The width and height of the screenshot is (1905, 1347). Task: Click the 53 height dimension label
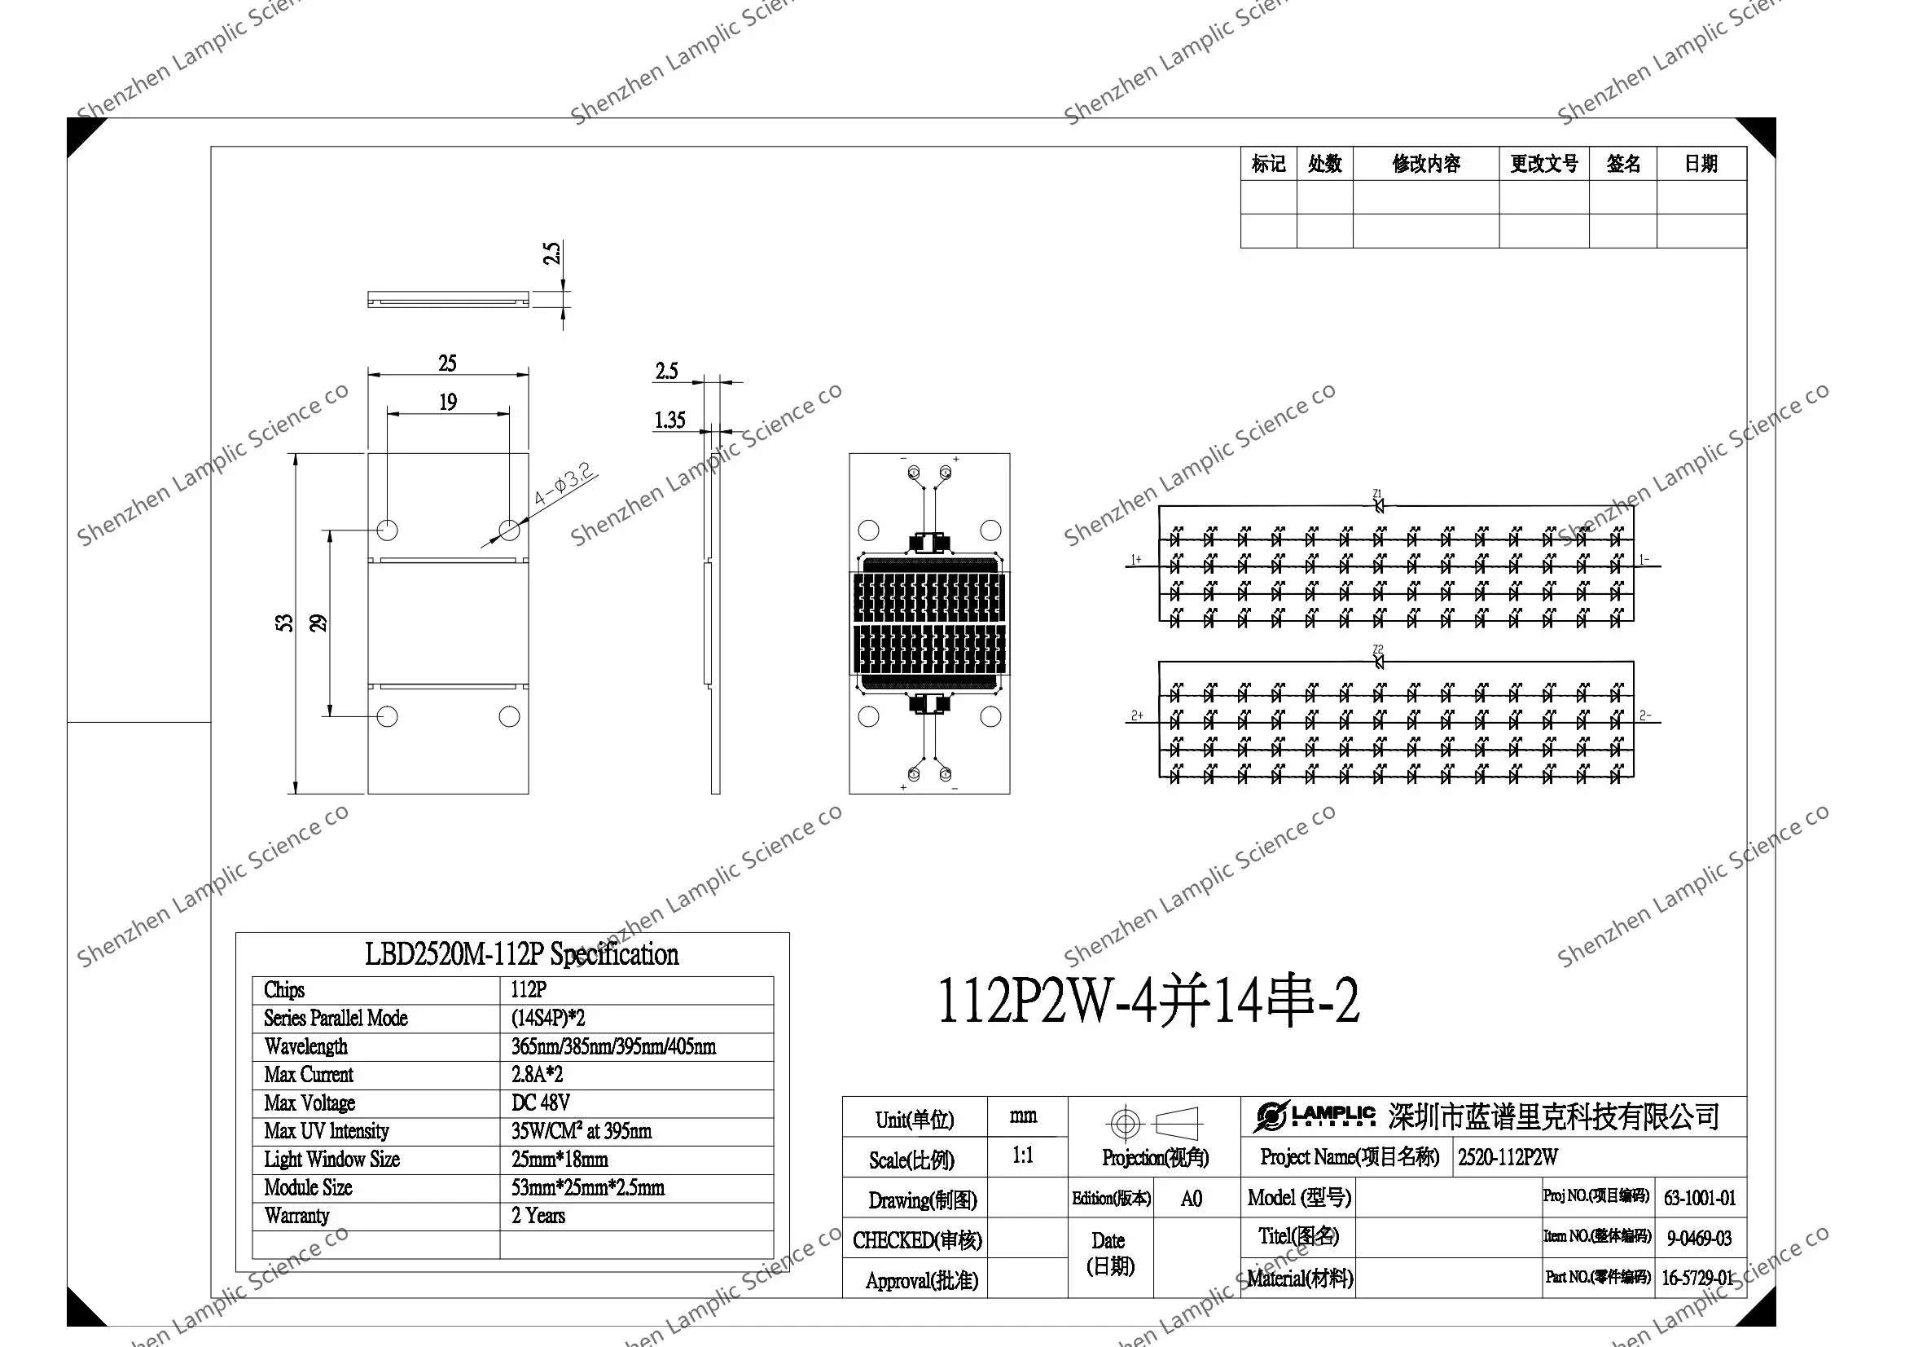(284, 623)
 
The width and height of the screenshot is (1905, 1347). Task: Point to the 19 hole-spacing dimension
(448, 403)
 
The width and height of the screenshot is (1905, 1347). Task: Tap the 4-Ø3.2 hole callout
(564, 486)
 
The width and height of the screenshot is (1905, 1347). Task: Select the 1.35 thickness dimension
(669, 420)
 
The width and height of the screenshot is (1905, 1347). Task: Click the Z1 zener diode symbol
(1378, 504)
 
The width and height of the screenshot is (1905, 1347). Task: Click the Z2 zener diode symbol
(1378, 662)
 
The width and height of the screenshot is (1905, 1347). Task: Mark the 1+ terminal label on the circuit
(1136, 560)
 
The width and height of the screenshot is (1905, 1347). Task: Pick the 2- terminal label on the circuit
(1645, 715)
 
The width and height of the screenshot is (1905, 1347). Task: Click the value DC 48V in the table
(540, 1103)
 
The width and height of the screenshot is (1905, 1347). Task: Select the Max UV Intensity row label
(326, 1131)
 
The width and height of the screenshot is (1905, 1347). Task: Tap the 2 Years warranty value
(538, 1216)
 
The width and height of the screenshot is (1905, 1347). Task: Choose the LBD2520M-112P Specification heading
(521, 954)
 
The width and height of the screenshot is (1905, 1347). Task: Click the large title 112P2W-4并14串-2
(1148, 1001)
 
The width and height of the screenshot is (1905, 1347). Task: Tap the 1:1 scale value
(1023, 1156)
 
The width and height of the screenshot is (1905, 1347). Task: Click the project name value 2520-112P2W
(1508, 1157)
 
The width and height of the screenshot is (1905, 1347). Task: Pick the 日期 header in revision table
(1701, 164)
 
